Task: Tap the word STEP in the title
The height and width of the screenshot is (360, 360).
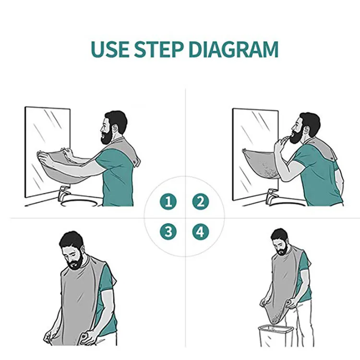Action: pyautogui.click(x=159, y=49)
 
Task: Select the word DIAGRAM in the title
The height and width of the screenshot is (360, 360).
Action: pyautogui.click(x=233, y=49)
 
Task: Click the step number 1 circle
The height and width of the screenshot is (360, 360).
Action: pyautogui.click(x=168, y=202)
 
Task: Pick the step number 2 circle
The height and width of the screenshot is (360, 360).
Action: pyautogui.click(x=201, y=202)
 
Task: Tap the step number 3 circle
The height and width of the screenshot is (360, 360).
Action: pyautogui.click(x=168, y=231)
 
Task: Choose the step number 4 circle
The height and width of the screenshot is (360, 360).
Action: pyautogui.click(x=201, y=231)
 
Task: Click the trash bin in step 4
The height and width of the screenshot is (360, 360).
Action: pyautogui.click(x=276, y=336)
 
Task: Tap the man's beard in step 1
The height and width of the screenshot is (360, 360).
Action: pyautogui.click(x=107, y=136)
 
